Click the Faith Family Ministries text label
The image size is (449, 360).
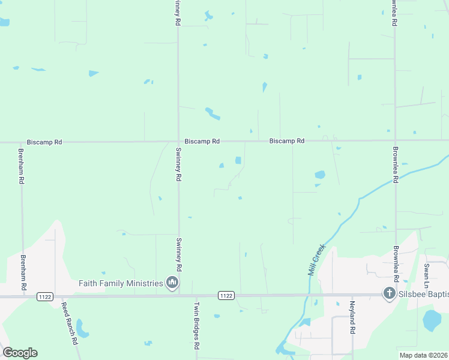(121, 283)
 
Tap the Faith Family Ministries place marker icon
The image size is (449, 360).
(172, 283)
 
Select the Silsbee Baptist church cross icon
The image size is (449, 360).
(389, 293)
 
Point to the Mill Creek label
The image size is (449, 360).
(316, 259)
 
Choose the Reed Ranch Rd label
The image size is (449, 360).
(70, 323)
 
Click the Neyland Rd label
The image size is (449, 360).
(353, 317)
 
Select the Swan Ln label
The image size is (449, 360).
(426, 274)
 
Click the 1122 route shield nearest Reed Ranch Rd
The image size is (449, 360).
(44, 296)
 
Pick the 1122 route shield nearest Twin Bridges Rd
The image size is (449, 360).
(226, 295)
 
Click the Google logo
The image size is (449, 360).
(20, 352)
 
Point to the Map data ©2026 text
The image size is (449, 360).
(424, 355)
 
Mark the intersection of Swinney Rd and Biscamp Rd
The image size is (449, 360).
(178, 142)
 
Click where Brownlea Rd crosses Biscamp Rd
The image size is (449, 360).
(395, 140)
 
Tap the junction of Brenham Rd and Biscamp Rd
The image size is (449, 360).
(21, 143)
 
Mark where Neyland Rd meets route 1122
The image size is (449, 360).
(351, 295)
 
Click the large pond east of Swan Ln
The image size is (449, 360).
(432, 320)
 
